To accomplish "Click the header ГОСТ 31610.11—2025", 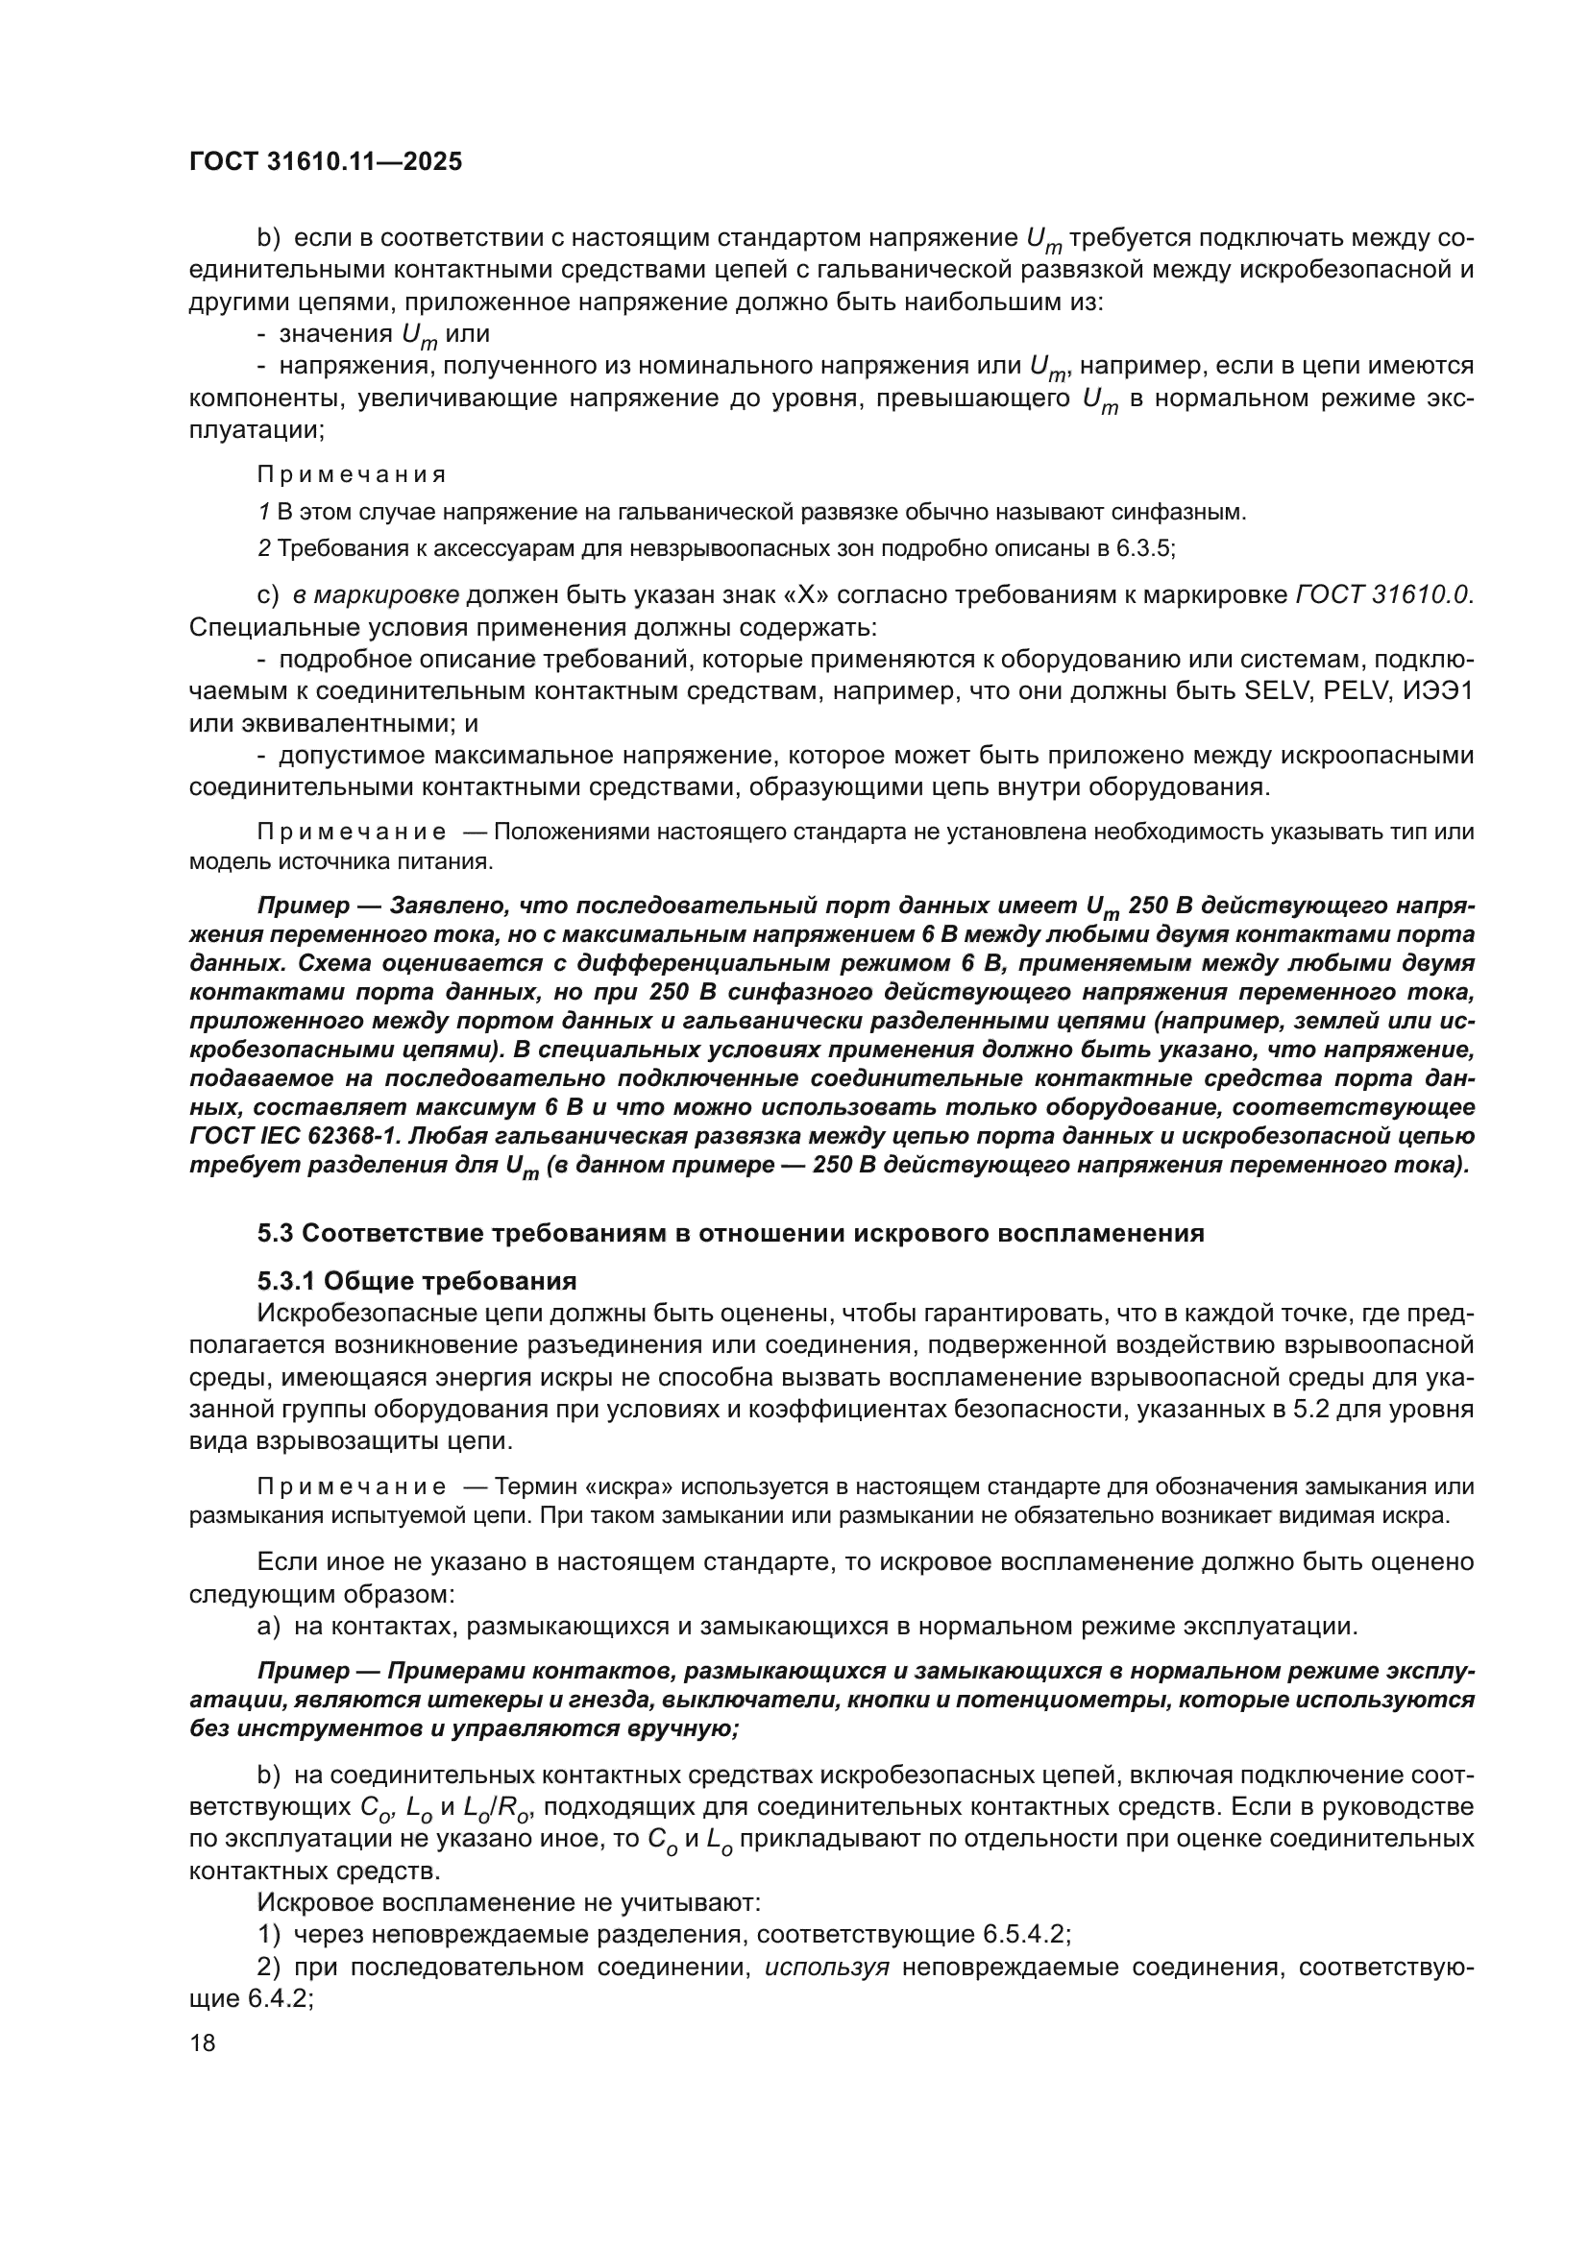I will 325,162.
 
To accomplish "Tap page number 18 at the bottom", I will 202,2042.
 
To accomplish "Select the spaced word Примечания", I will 352,475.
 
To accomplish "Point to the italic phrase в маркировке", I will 376,595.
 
